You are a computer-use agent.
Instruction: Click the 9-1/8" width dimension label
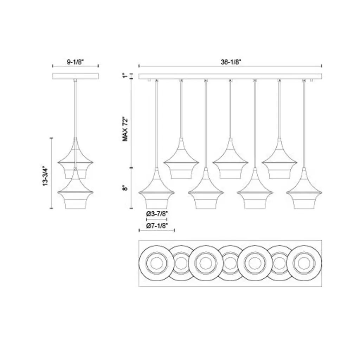click(76, 62)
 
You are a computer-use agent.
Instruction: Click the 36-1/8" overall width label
click(231, 62)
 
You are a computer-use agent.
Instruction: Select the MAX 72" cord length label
click(125, 129)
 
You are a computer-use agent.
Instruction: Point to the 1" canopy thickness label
click(125, 76)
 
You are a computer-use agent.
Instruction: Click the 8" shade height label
click(125, 188)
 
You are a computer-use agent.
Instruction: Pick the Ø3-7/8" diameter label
click(157, 214)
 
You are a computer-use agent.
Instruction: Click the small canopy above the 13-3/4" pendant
click(76, 76)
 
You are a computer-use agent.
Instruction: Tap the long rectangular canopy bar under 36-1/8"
click(230, 76)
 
